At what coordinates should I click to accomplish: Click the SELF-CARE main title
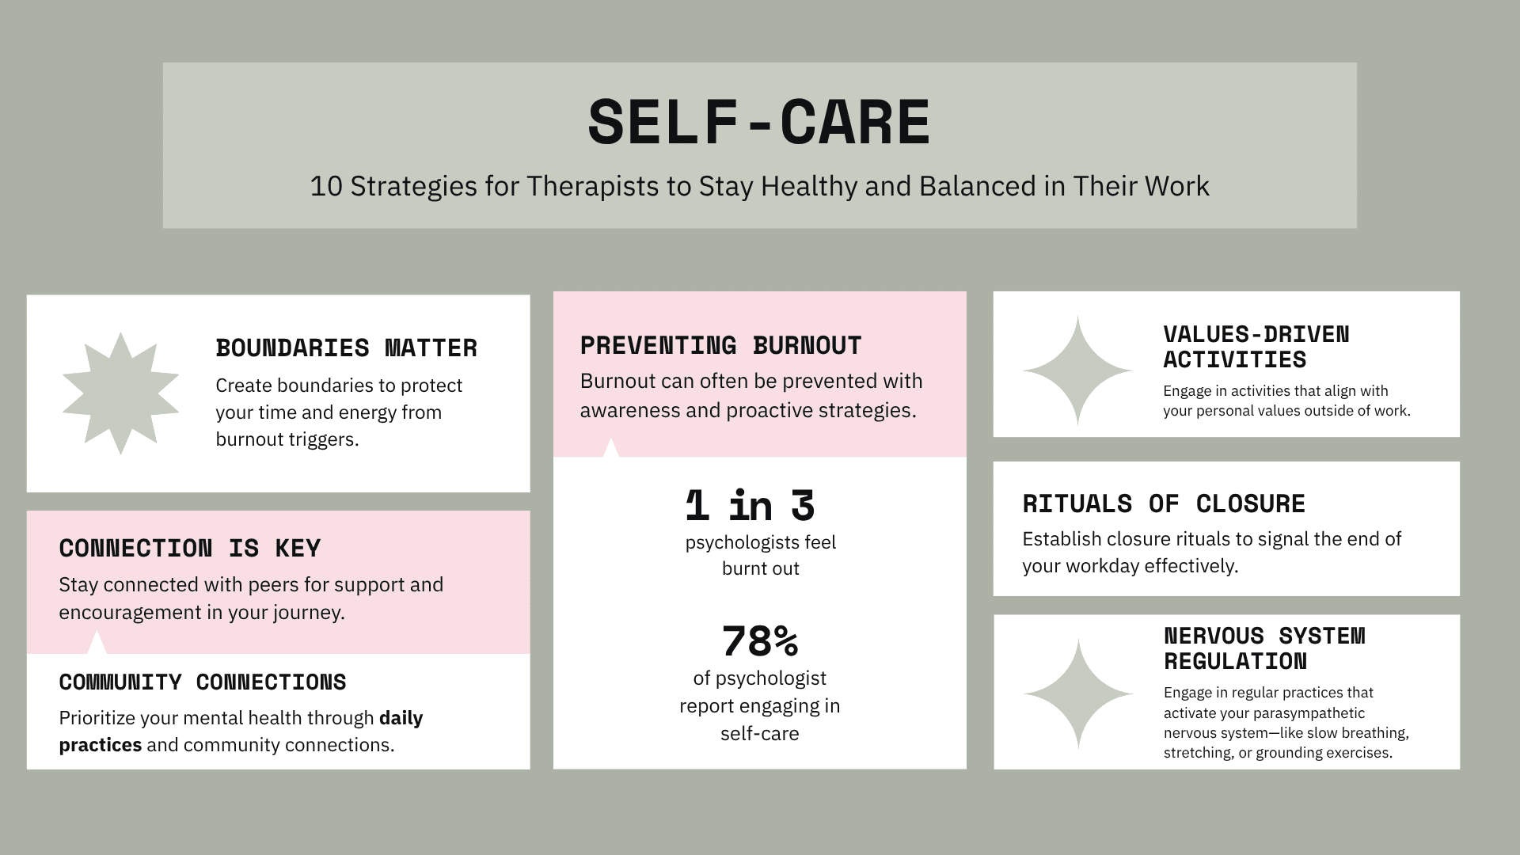tap(759, 123)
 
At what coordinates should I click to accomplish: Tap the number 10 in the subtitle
tap(325, 187)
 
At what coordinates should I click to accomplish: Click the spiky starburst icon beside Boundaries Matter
tap(120, 393)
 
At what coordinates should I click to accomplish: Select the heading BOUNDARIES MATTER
tap(346, 348)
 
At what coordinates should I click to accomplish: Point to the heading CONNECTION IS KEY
tap(190, 548)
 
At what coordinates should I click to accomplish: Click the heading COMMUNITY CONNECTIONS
tap(203, 682)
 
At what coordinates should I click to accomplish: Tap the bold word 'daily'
tap(401, 718)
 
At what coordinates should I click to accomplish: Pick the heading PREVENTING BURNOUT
tap(720, 345)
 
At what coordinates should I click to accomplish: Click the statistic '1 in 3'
tap(750, 505)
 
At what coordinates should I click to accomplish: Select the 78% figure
tap(759, 640)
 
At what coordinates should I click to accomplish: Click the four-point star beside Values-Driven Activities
tap(1077, 370)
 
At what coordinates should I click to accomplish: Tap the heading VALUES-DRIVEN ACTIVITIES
tap(1256, 347)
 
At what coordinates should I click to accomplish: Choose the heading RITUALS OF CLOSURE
tap(1164, 503)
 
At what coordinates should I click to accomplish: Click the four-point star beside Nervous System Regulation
tap(1077, 693)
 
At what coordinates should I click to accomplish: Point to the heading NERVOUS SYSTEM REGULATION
tap(1264, 648)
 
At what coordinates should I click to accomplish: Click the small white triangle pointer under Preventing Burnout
tap(610, 449)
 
